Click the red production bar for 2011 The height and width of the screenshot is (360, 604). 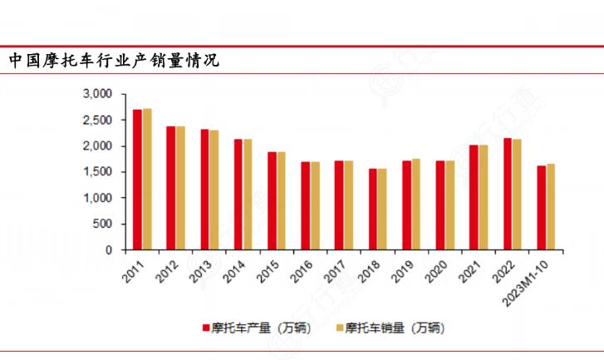pos(137,180)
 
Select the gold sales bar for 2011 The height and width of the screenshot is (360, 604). pos(147,179)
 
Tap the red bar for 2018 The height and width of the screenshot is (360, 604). pos(373,209)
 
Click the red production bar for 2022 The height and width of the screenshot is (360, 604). pos(508,194)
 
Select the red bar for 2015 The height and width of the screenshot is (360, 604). pos(272,200)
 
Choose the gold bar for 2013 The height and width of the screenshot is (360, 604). pos(214,190)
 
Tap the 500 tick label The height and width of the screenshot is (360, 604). pos(103,224)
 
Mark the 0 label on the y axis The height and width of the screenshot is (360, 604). pos(109,249)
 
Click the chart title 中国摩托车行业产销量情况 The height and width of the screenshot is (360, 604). pos(114,61)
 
